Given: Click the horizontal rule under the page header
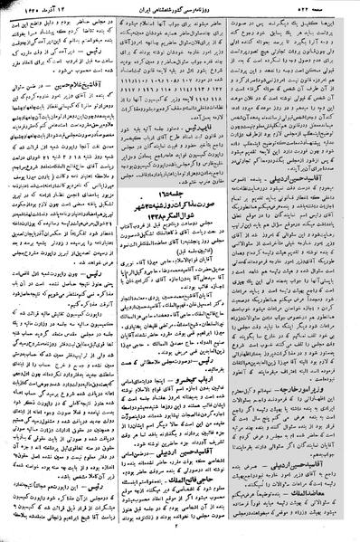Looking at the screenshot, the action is (180, 17).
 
